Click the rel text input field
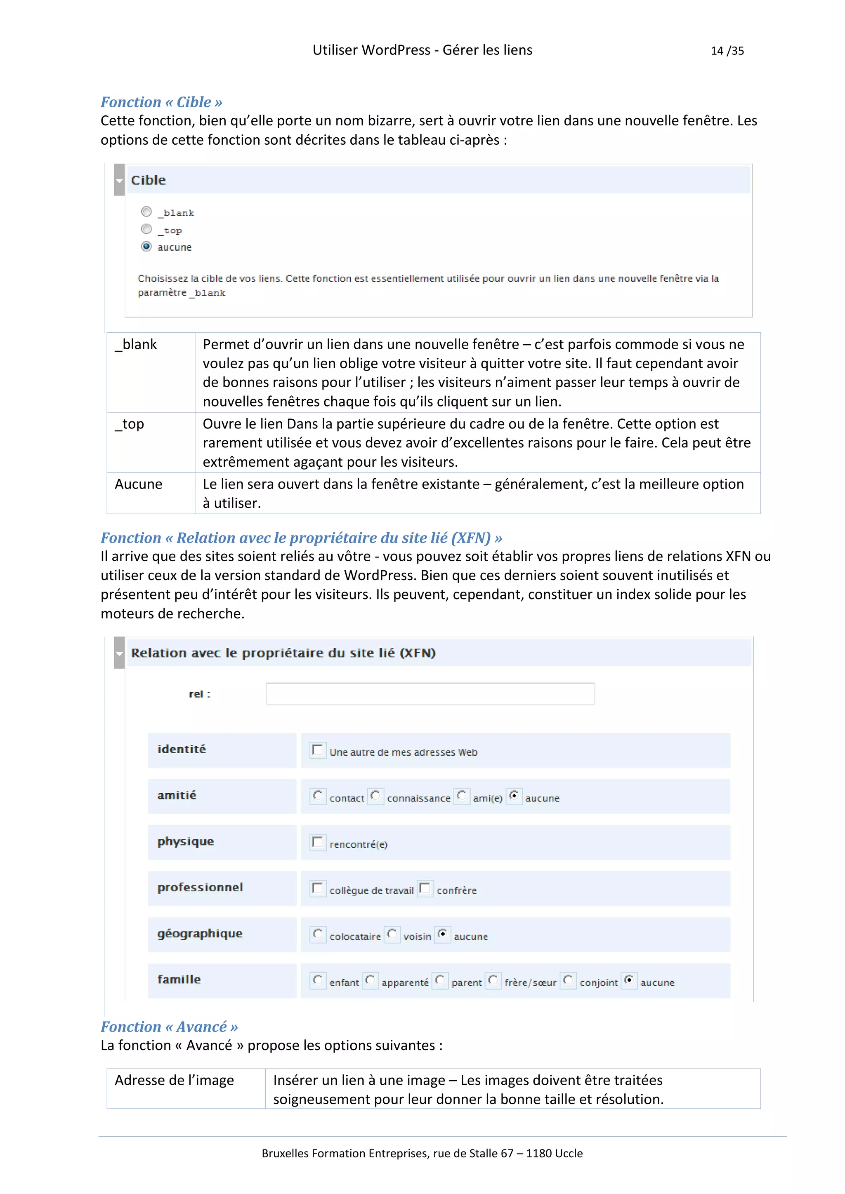(430, 694)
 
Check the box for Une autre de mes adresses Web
(317, 750)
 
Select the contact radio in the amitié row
(317, 796)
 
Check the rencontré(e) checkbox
(317, 842)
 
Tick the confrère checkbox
(425, 888)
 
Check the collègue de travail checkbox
(317, 888)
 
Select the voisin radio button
(392, 934)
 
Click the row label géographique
(200, 934)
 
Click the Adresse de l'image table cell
(186, 1088)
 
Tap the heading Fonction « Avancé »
(169, 1027)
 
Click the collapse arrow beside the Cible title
(119, 181)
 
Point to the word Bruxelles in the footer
(285, 1154)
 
